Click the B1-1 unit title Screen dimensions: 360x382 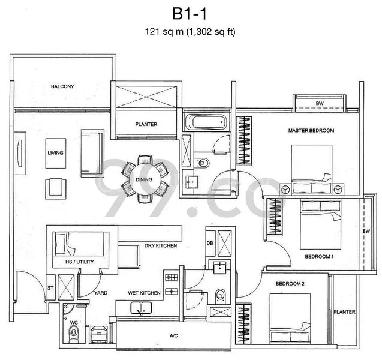coord(191,12)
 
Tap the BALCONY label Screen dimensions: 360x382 coord(62,87)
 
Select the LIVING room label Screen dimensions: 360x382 coord(56,152)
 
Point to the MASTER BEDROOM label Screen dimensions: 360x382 coord(311,130)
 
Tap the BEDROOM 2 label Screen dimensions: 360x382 coord(291,283)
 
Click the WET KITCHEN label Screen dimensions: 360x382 coord(144,293)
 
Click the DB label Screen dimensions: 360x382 coord(210,243)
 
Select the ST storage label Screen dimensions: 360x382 coord(50,288)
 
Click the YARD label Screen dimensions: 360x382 coord(101,293)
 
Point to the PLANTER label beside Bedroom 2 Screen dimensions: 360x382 coord(345,312)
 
